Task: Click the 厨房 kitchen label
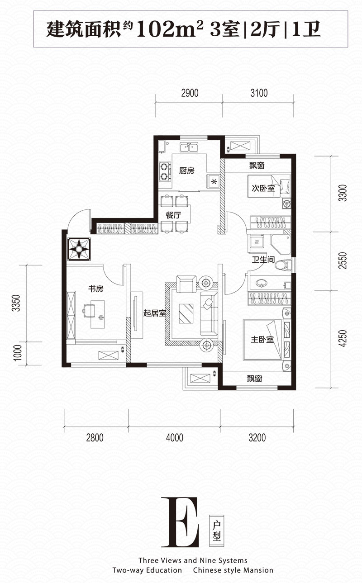[186, 171]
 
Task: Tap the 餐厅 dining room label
[173, 215]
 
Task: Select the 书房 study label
[95, 289]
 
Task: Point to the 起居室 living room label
[154, 313]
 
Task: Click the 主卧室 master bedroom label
[262, 339]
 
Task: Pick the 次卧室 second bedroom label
[263, 188]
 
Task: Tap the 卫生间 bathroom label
[263, 260]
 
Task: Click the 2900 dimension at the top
[190, 93]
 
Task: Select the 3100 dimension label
[259, 93]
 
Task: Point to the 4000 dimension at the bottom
[175, 437]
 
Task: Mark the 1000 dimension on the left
[17, 353]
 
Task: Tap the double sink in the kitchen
[189, 147]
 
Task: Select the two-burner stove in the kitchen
[165, 172]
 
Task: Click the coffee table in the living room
[186, 313]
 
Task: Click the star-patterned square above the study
[79, 249]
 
